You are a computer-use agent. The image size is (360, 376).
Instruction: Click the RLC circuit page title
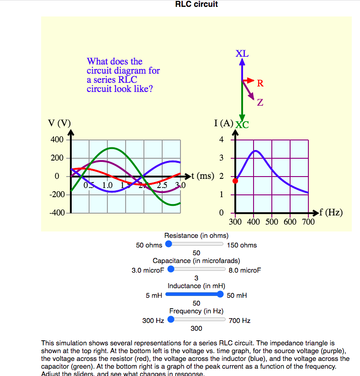tap(196, 5)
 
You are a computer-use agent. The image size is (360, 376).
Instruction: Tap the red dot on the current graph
tap(235, 181)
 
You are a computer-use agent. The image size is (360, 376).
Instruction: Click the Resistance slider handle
tap(169, 244)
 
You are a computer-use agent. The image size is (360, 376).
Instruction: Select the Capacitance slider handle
tap(171, 269)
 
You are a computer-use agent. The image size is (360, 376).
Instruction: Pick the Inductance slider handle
tap(220, 295)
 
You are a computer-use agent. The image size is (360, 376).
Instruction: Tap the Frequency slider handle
tap(171, 320)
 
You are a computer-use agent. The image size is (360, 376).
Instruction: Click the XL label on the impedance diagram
tap(242, 53)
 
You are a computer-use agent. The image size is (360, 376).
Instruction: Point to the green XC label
tap(242, 124)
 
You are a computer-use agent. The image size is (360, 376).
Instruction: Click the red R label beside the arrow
tap(260, 83)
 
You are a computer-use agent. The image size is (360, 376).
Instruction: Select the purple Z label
tap(260, 102)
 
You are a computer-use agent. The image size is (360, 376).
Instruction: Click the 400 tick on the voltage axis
tap(57, 140)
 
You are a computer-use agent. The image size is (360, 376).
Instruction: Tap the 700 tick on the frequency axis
tap(308, 222)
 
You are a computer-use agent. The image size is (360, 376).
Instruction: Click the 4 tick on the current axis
tap(221, 140)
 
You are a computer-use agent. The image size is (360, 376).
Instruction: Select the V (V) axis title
tap(59, 123)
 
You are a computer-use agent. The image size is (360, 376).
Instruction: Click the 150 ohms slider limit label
tap(242, 245)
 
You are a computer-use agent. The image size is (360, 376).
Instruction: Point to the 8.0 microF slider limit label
tap(245, 270)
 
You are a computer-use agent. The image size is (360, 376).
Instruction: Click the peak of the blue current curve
tap(255, 150)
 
